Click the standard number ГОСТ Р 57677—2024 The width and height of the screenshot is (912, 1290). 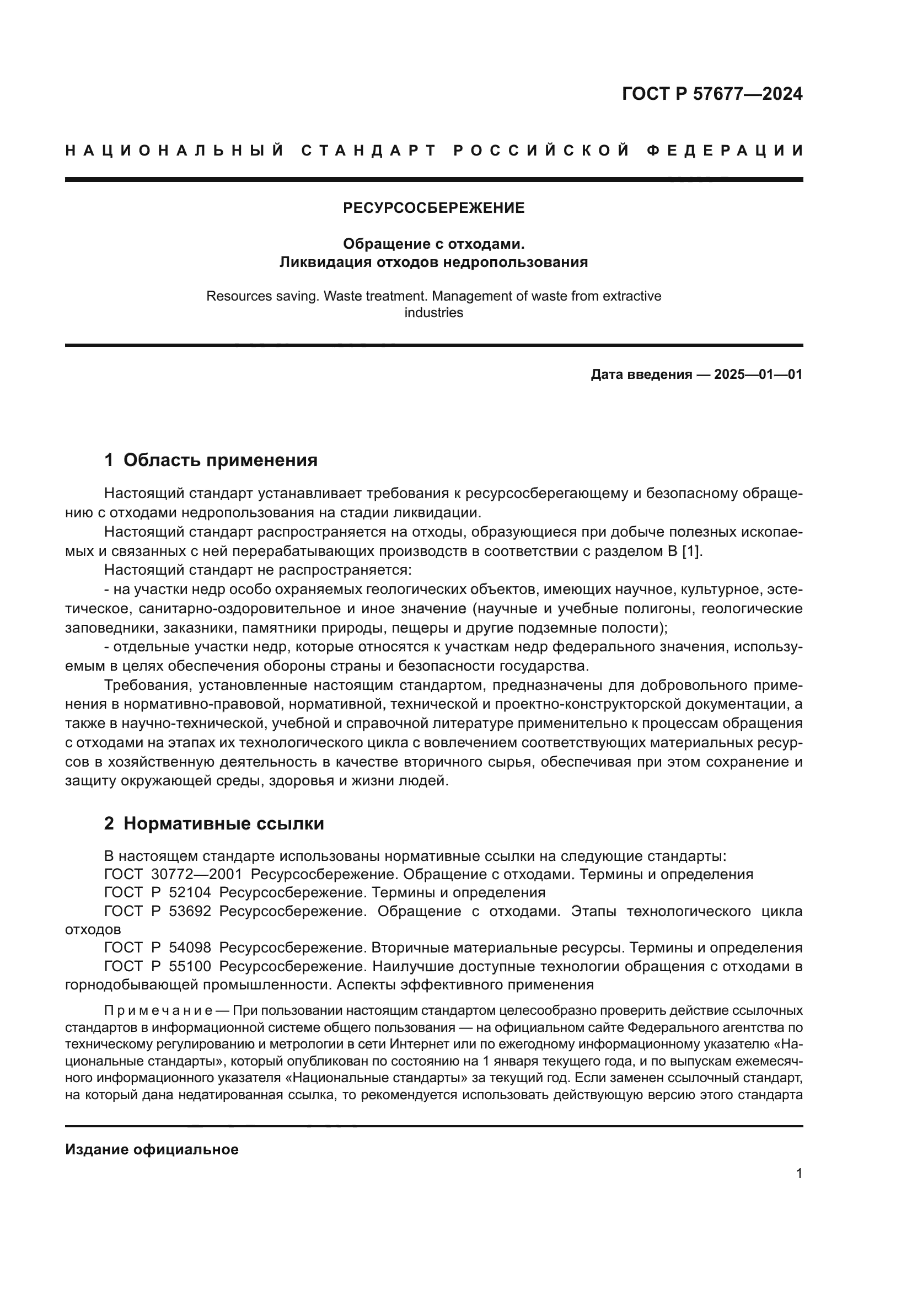click(711, 94)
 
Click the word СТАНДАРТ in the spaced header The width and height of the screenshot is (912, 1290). click(368, 151)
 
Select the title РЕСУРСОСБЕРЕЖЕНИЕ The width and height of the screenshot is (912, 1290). click(433, 208)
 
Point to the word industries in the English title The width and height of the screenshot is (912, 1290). click(433, 313)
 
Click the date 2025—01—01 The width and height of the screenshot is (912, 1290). click(758, 374)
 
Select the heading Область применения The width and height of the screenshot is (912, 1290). click(220, 460)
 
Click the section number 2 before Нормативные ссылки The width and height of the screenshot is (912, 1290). click(109, 823)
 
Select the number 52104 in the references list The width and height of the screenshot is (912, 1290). click(190, 893)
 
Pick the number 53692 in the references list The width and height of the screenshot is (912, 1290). click(190, 911)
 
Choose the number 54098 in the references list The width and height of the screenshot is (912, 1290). click(190, 948)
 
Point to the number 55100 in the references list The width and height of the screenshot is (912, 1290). click(190, 966)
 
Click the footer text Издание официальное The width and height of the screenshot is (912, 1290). click(152, 1145)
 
